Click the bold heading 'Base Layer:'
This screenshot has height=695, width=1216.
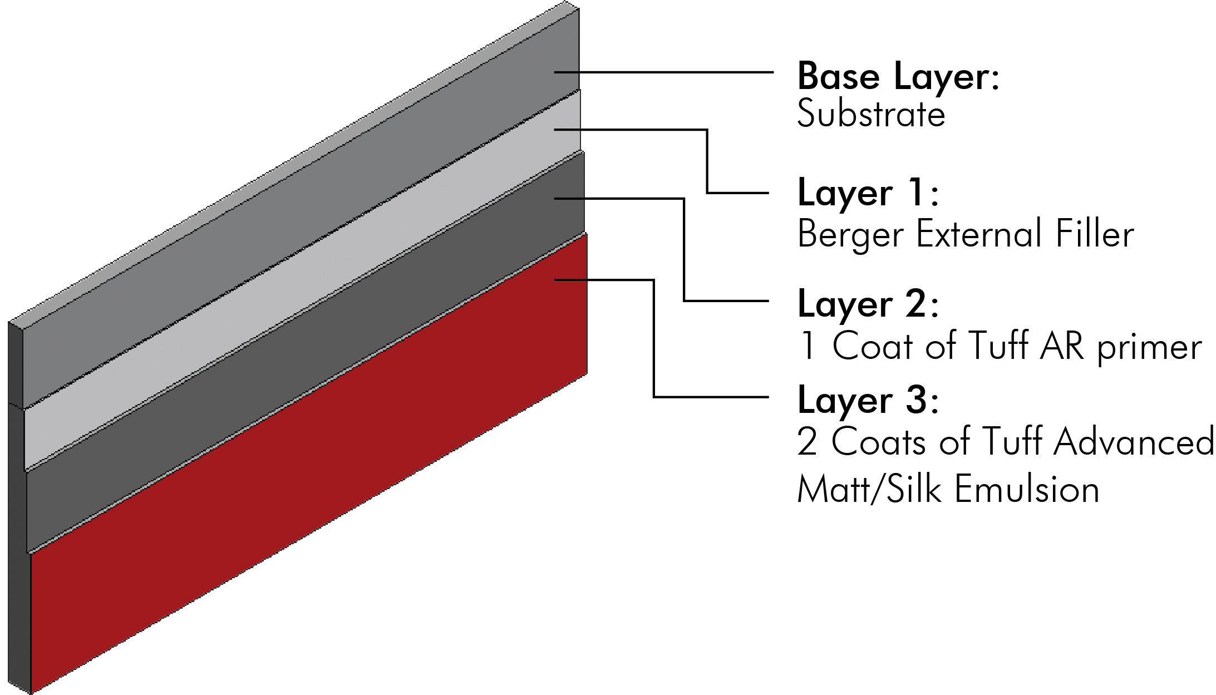pyautogui.click(x=898, y=76)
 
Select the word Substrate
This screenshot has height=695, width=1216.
pyautogui.click(x=871, y=115)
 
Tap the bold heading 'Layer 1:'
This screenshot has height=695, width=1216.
pyautogui.click(x=868, y=193)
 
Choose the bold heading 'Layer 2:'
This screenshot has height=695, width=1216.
pyautogui.click(x=868, y=304)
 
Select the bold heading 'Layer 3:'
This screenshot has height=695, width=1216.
pyautogui.click(x=868, y=400)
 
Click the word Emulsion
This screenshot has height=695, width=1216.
pyautogui.click(x=1027, y=489)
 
